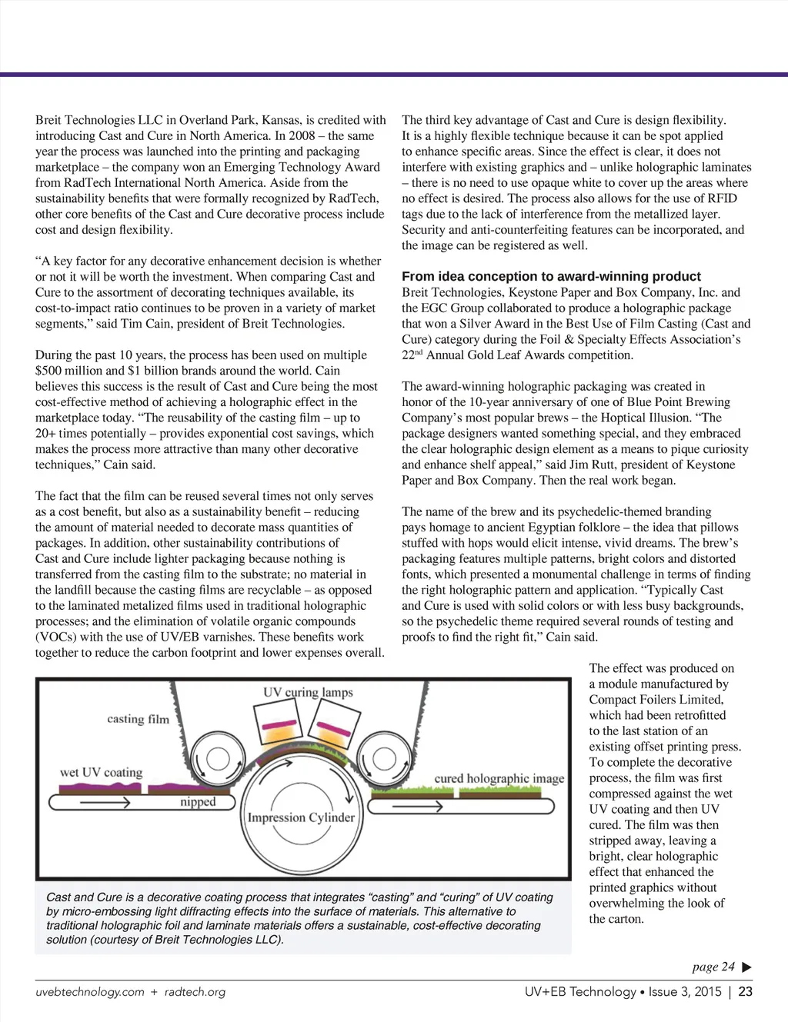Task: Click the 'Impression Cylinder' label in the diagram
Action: coord(301,817)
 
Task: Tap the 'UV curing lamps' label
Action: coord(308,692)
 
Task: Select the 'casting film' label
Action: coord(138,719)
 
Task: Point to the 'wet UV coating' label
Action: coord(102,772)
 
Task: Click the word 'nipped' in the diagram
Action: coord(198,802)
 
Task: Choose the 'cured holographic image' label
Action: coord(499,778)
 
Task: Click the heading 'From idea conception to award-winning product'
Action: coord(551,277)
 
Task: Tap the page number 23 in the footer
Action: coord(745,992)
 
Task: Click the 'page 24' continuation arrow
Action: coord(746,967)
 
